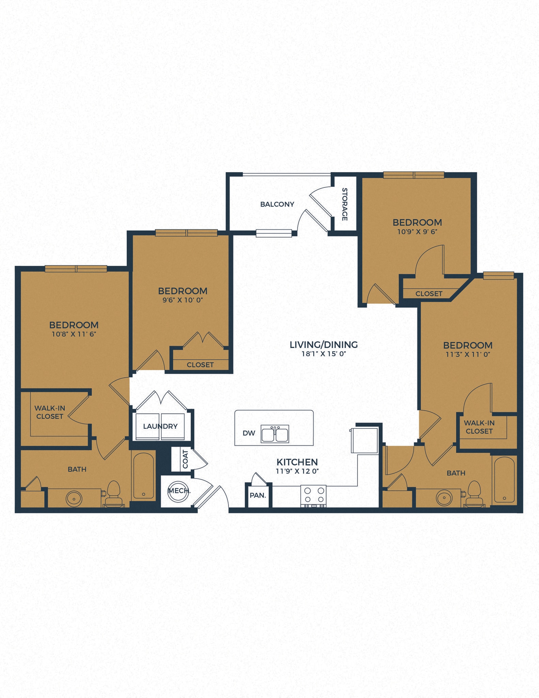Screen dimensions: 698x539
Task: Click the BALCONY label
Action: (x=277, y=204)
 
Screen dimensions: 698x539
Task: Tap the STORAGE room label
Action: (x=345, y=204)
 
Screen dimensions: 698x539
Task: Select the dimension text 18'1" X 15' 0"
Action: (x=323, y=354)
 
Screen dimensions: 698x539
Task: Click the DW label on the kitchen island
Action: (x=249, y=433)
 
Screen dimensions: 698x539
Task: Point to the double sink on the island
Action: (x=275, y=434)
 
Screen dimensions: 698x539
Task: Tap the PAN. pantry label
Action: (x=258, y=496)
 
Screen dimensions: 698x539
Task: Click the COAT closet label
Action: (x=185, y=459)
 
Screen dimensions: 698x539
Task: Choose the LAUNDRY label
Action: (x=160, y=426)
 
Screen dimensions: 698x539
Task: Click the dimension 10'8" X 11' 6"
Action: (x=74, y=334)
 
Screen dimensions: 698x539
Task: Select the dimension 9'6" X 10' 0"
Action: (x=183, y=300)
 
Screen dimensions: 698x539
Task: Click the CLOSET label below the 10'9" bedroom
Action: (x=429, y=293)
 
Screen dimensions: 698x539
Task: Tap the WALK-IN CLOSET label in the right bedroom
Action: (x=479, y=427)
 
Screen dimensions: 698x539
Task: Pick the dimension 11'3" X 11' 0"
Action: (x=468, y=354)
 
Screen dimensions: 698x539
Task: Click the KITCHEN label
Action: (x=297, y=462)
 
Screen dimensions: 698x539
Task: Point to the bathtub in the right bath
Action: (x=504, y=480)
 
